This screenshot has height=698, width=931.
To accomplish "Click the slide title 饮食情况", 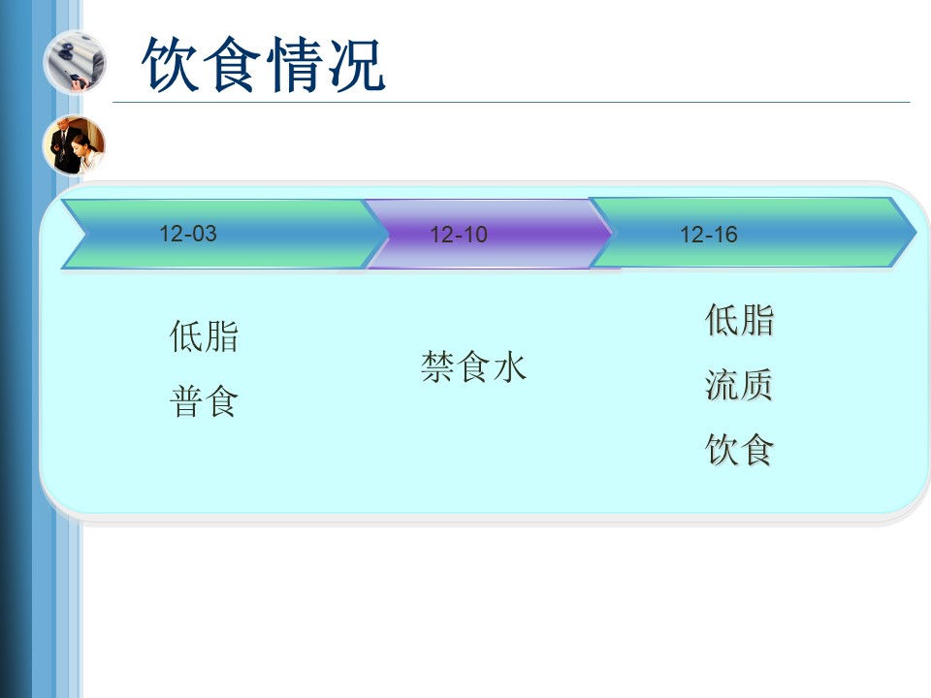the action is coord(263,64).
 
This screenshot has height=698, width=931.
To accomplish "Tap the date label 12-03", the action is coord(187,234).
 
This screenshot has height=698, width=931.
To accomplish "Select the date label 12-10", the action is coord(459,235).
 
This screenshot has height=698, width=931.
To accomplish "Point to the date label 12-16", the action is coord(708,235).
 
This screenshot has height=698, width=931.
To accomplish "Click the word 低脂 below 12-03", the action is coord(204,336).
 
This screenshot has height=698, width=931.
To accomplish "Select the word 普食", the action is coord(204,401).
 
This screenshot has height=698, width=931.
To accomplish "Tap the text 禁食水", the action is coord(473,366).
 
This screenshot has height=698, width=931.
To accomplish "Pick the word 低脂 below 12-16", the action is coord(739,320).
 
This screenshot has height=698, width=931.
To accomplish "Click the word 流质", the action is coord(739,385).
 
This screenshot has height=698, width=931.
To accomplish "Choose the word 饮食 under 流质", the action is coord(739,449).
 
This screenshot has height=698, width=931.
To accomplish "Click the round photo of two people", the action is coord(75,145).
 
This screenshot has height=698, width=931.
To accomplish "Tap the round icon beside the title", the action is coord(75,62).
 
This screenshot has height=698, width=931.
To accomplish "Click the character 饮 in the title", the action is coord(171,64).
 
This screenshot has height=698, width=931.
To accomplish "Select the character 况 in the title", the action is coord(356,64).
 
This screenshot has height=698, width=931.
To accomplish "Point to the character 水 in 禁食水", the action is coord(509,366).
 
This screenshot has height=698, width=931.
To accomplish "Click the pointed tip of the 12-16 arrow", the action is coord(916,232).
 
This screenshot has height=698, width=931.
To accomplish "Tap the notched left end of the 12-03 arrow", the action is coord(86,234).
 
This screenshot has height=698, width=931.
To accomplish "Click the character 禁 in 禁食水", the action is coord(437,366).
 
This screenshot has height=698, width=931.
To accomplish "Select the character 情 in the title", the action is coord(295,64).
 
